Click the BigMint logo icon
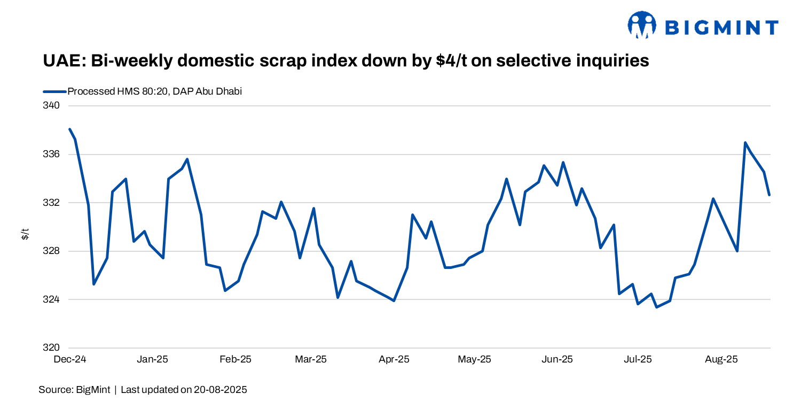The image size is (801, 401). coord(641,25)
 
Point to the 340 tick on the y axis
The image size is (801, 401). coord(52,106)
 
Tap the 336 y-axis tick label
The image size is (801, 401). coord(52,155)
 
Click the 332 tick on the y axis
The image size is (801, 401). coord(52,203)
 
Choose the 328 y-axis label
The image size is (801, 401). coord(52,251)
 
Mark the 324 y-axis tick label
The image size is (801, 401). coord(52,299)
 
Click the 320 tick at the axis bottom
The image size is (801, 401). coord(52,348)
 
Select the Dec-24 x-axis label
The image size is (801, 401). coord(70,360)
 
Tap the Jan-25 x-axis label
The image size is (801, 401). coord(152,360)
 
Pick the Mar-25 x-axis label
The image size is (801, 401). coord(311,360)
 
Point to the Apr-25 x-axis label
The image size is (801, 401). coord(394,360)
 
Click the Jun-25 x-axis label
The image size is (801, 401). coord(557,360)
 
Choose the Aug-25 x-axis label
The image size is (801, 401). coord(721,360)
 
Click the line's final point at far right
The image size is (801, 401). coord(769,195)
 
